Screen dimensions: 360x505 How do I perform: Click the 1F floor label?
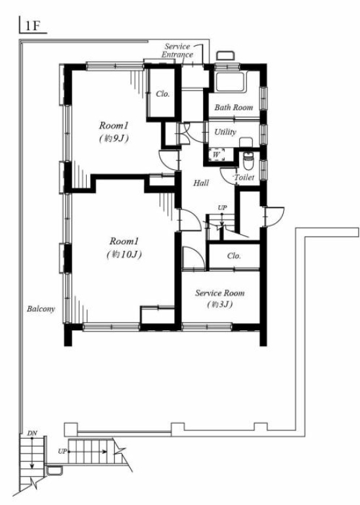coord(32,26)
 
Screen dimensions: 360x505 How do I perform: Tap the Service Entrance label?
coord(177,51)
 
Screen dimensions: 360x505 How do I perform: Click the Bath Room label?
coord(234,107)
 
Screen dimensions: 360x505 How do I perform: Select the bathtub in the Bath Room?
coord(231,83)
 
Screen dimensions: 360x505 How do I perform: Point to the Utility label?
coord(225,132)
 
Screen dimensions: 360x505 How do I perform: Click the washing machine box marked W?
coord(217,155)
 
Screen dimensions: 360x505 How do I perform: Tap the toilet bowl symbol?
coord(248,162)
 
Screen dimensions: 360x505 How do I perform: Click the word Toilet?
coord(244,177)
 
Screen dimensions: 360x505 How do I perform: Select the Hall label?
coord(201,183)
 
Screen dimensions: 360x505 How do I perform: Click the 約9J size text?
coord(114,139)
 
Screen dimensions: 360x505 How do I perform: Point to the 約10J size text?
coord(124,254)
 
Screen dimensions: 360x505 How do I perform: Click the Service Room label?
coord(220,293)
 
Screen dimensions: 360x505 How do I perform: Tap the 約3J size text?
coord(219,304)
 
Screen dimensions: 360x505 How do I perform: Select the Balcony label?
coord(41,309)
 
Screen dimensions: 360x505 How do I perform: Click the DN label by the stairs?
coord(32,433)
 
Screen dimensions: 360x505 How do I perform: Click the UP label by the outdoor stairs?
coord(62,452)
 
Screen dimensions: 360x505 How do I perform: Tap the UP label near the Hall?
coord(222,208)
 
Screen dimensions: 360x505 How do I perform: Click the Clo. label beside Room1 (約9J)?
coord(163,94)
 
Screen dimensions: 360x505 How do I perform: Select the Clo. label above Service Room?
coord(234,256)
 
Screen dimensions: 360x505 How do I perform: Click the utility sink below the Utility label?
coord(247,142)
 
